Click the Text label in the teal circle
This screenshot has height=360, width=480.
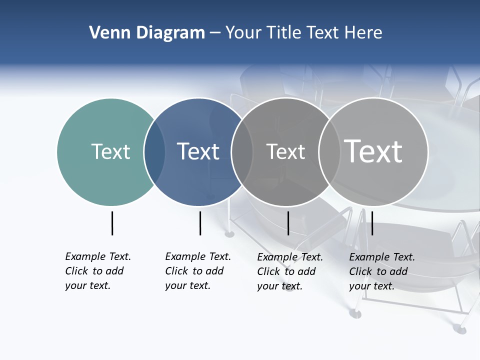click(110, 151)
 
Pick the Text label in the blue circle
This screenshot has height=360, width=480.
click(198, 151)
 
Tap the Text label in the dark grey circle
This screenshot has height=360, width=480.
click(285, 152)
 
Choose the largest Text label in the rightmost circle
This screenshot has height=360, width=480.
click(373, 151)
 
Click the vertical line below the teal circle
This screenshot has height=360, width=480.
click(112, 223)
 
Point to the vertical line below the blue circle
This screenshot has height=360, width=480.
click(200, 223)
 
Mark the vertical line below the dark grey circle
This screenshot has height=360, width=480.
click(288, 223)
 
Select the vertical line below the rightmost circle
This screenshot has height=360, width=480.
click(372, 223)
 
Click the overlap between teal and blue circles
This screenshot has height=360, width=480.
click(155, 151)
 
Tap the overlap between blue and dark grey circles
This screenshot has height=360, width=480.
click(242, 151)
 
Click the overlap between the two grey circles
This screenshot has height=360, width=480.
click(330, 151)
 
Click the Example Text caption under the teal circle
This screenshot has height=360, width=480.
click(98, 271)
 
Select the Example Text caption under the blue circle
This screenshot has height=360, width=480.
click(198, 271)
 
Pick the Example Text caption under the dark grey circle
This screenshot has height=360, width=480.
click(290, 271)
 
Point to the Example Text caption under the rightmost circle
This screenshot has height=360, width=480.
click(382, 271)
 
